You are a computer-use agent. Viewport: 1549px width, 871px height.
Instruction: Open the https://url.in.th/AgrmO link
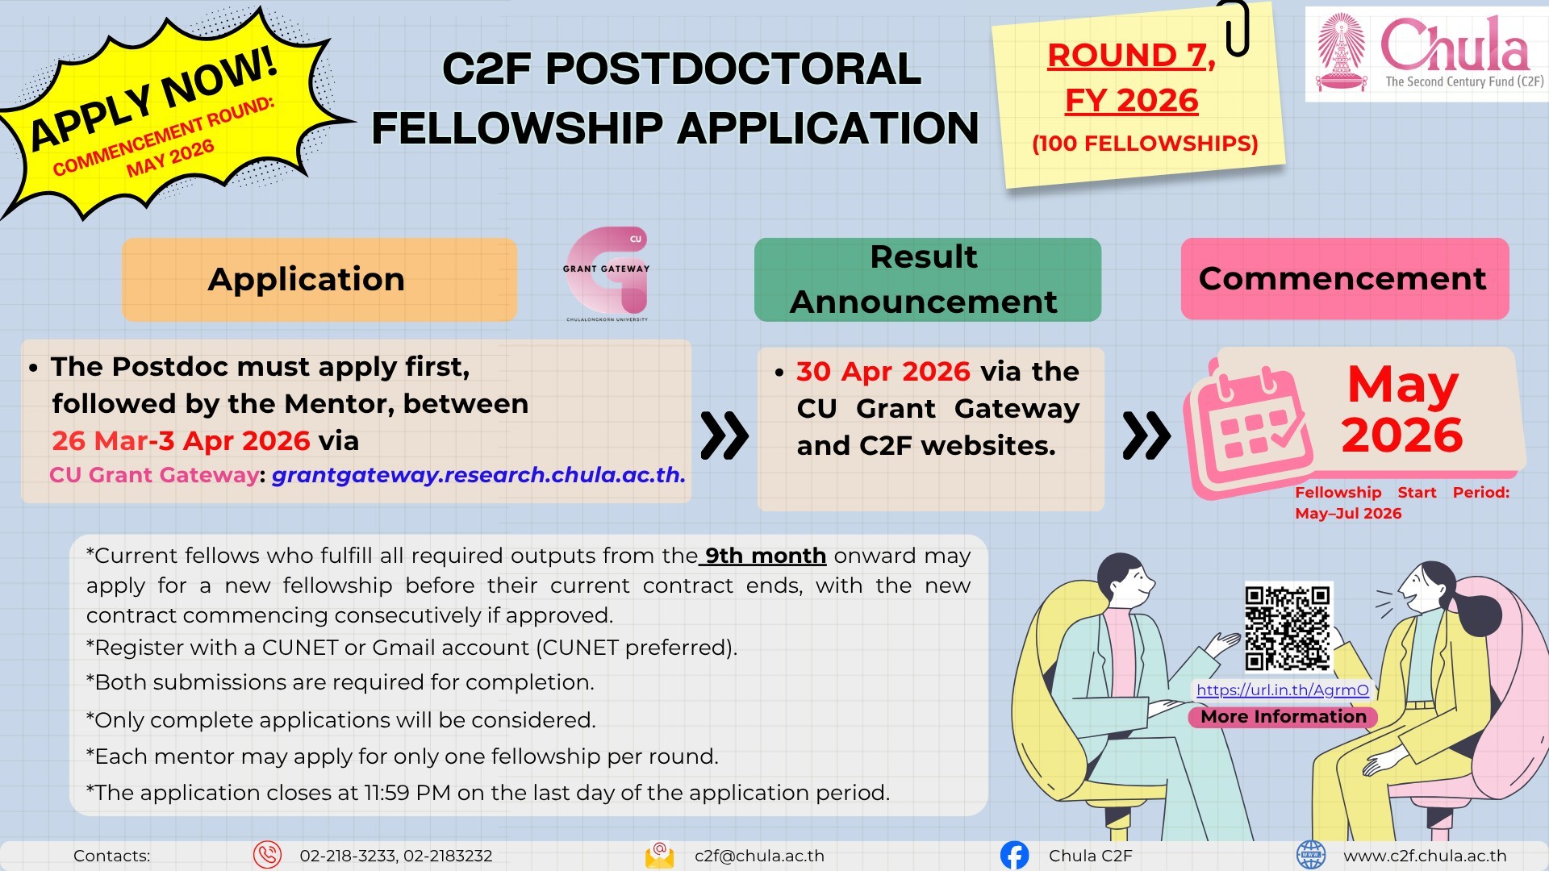pos(1283,690)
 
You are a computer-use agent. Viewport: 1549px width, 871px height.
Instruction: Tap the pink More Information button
pos(1283,717)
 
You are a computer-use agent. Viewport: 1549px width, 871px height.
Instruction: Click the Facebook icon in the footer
pos(1014,855)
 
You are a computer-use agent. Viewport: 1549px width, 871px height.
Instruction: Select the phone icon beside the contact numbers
pos(267,855)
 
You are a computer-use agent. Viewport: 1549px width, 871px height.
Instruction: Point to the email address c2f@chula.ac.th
pos(759,856)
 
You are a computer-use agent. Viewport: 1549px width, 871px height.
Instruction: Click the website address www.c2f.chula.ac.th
pos(1425,856)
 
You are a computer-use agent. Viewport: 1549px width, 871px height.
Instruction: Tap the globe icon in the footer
pos(1310,855)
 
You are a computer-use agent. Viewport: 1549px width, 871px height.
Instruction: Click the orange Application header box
pos(319,279)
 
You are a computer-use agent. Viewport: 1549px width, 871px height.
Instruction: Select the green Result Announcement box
pos(927,279)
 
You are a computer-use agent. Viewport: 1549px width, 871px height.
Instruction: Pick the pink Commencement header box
pos(1345,278)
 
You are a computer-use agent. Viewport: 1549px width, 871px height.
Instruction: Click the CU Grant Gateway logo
pos(607,273)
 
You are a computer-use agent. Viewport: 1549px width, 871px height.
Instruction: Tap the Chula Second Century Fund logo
pos(1426,53)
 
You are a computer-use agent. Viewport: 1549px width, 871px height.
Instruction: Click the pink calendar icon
pos(1247,429)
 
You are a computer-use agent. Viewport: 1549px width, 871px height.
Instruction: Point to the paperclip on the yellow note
pos(1237,27)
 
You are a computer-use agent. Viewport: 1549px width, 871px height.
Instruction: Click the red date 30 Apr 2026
pos(883,371)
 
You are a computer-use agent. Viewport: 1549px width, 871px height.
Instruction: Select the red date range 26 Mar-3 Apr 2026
pos(181,441)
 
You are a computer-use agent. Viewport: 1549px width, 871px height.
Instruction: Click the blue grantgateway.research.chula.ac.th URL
pos(478,475)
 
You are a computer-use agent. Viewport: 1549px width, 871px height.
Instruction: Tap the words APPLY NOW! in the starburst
pos(153,98)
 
